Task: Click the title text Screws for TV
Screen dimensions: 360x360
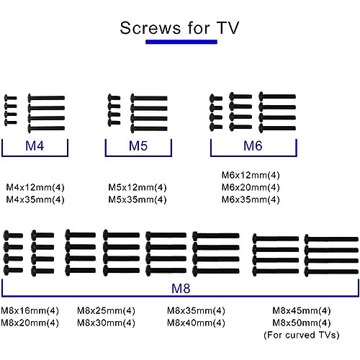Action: click(x=179, y=28)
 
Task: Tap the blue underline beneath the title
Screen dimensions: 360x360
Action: click(x=181, y=42)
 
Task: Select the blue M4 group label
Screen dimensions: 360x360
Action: click(x=35, y=145)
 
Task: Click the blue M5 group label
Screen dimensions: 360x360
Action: click(x=138, y=145)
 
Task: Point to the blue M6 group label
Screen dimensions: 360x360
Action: click(x=253, y=145)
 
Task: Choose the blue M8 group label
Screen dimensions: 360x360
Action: click(x=181, y=288)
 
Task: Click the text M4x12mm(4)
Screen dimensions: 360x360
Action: click(x=35, y=187)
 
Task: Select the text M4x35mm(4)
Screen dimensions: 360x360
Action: click(x=35, y=199)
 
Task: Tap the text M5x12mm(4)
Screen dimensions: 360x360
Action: click(x=138, y=187)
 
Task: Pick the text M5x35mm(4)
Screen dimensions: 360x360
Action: click(x=138, y=199)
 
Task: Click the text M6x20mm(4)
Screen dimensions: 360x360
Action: click(x=251, y=187)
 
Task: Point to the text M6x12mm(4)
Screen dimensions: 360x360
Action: click(x=251, y=175)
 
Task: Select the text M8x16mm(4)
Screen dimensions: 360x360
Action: click(x=30, y=310)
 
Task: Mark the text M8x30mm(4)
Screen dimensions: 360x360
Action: click(x=106, y=323)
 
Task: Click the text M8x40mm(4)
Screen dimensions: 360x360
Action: click(x=196, y=323)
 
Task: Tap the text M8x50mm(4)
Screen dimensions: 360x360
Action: click(x=302, y=323)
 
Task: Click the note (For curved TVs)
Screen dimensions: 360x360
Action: click(x=302, y=335)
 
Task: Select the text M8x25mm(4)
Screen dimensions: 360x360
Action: click(x=106, y=310)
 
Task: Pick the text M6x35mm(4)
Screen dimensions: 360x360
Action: click(x=251, y=199)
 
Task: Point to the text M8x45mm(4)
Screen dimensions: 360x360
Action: click(x=302, y=310)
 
